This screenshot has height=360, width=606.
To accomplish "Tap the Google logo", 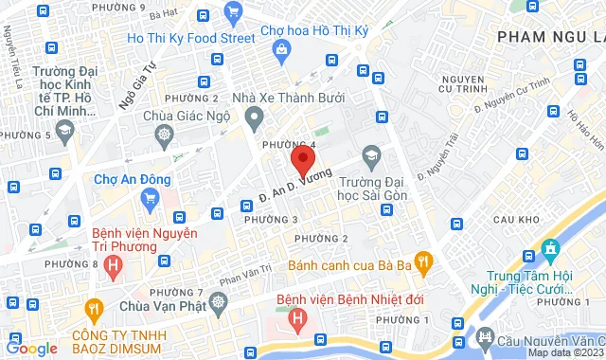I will (30, 349).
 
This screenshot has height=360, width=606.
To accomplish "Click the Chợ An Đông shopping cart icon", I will (149, 198).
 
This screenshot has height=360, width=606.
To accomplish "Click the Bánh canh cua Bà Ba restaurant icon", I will (423, 259).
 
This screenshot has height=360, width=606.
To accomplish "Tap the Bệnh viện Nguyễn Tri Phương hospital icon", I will (115, 264).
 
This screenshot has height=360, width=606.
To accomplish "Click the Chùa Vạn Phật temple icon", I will (220, 305).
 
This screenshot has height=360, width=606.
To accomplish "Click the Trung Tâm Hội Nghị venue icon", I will (550, 251).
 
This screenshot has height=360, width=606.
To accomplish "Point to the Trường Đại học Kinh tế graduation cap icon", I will (65, 132).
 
